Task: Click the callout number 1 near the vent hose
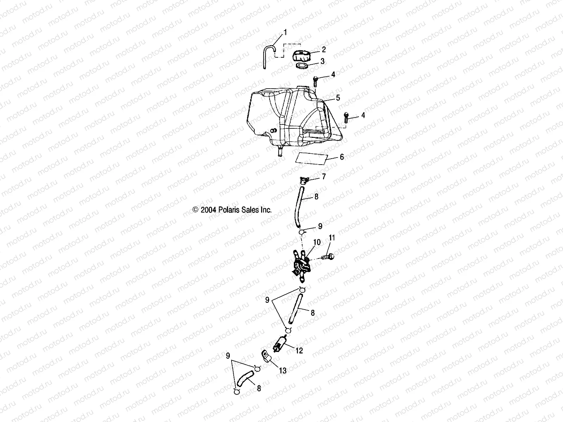[285, 32]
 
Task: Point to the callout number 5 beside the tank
[338, 98]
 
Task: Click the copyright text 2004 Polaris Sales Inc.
[233, 210]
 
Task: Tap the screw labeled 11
[328, 257]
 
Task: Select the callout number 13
[283, 371]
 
